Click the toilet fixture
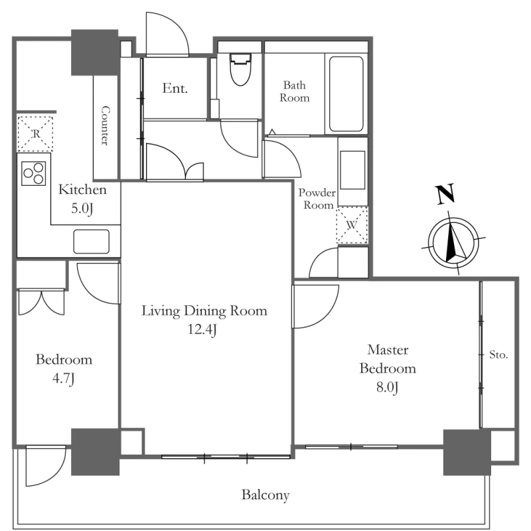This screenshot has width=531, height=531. (240, 69)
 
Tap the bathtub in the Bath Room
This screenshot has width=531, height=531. (346, 94)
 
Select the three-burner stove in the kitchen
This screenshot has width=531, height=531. (34, 173)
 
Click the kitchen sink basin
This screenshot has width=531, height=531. (91, 242)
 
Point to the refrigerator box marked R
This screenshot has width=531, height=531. (35, 133)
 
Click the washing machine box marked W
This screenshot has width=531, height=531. (352, 224)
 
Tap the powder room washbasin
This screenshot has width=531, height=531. (352, 170)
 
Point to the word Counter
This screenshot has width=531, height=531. (106, 125)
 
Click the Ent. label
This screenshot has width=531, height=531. (175, 88)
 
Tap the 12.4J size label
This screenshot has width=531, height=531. (202, 329)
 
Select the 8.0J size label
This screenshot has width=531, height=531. (388, 387)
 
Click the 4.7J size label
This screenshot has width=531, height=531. (64, 378)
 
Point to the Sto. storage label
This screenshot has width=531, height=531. (498, 355)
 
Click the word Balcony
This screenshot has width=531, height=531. (265, 495)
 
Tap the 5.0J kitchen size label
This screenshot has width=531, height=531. (82, 208)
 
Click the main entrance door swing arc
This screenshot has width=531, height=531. (167, 34)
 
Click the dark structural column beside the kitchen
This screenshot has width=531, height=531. (95, 52)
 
